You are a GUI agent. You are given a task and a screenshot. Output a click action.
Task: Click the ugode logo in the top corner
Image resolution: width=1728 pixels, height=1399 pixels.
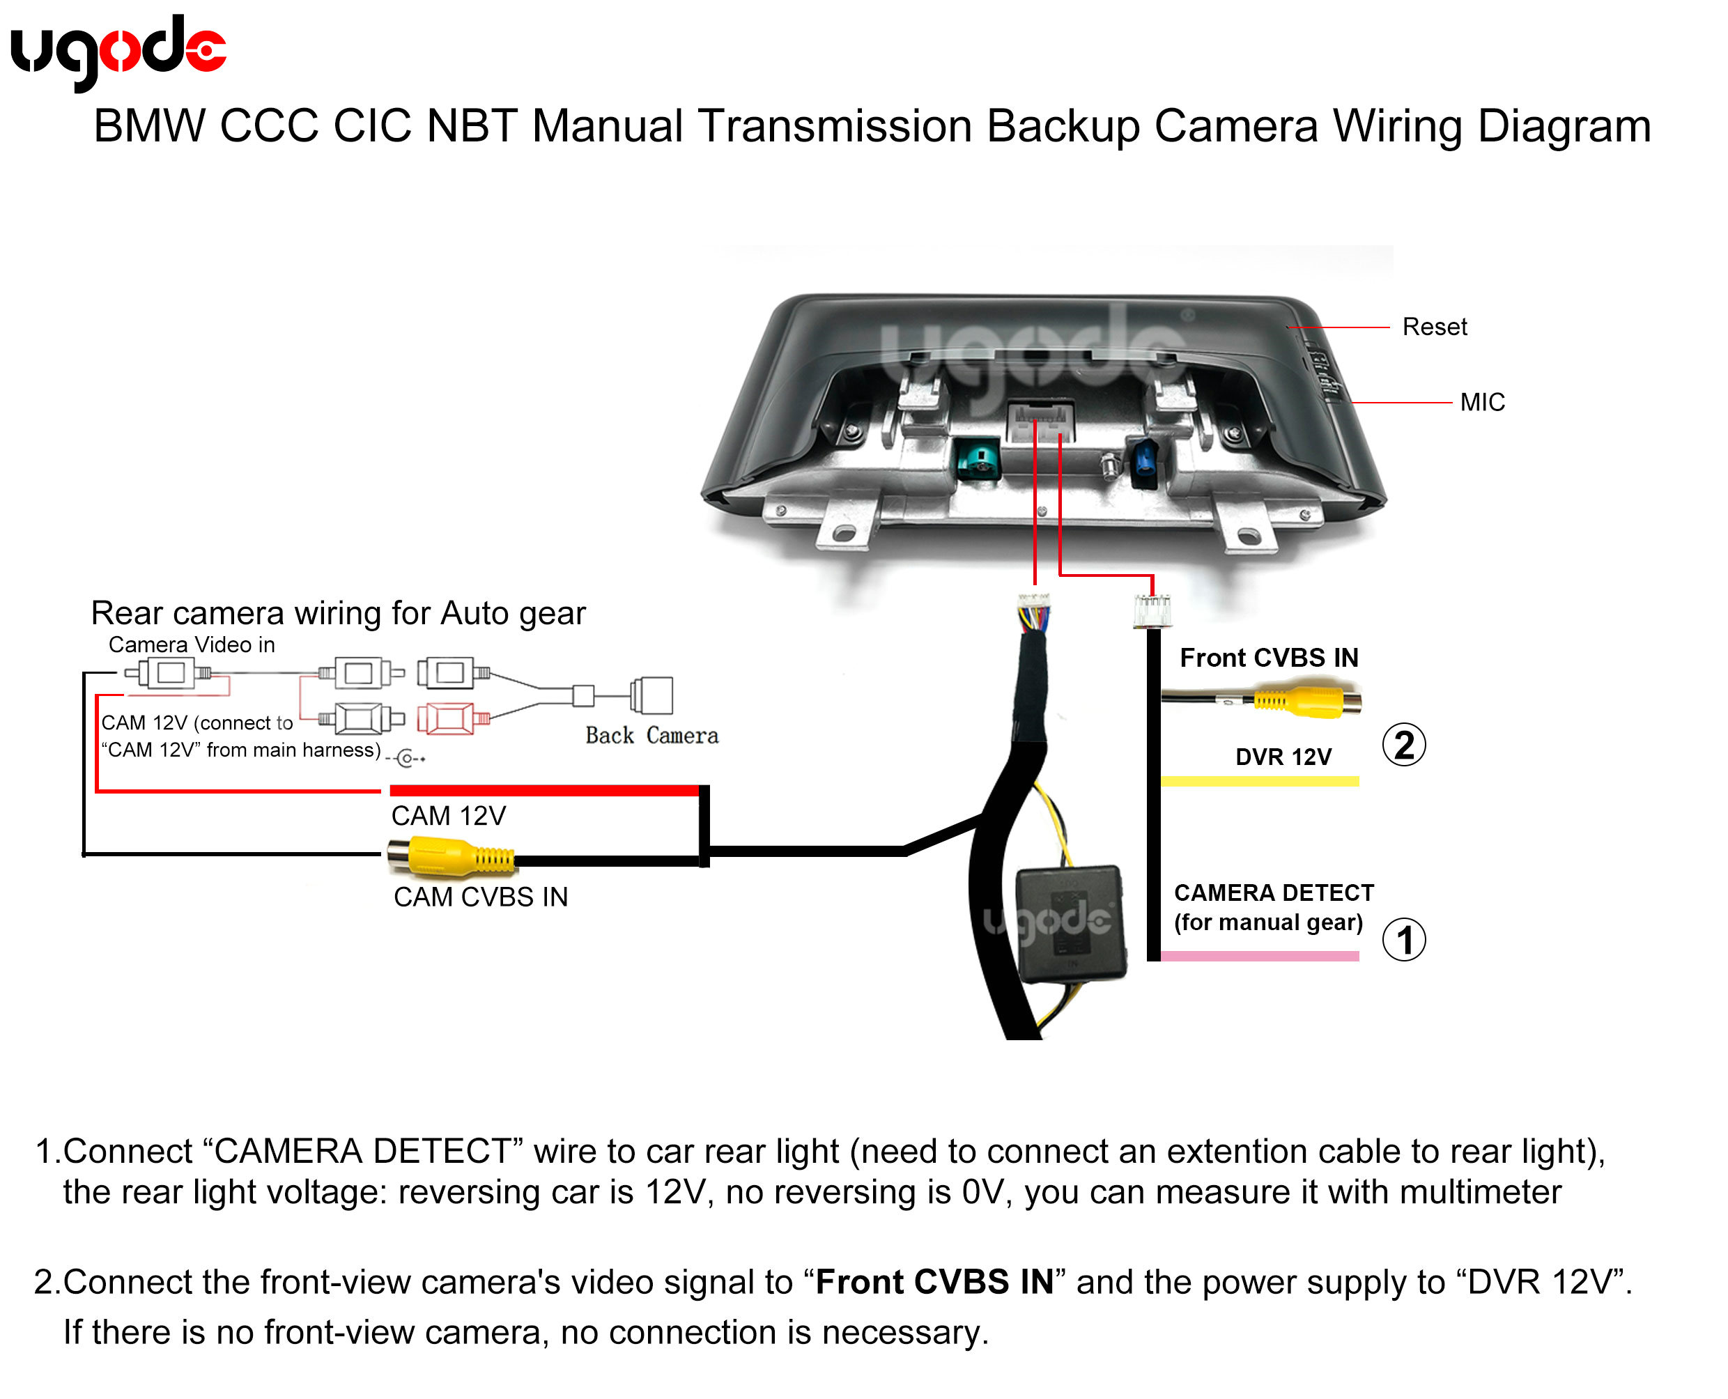pyautogui.click(x=118, y=52)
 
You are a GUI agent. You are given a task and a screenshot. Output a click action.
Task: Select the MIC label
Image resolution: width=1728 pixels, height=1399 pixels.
pyautogui.click(x=1482, y=401)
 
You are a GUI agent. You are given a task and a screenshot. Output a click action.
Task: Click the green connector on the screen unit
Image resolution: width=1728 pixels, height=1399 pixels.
pyautogui.click(x=978, y=459)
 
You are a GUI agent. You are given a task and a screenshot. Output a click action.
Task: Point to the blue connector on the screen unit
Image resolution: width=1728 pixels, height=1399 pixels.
pyautogui.click(x=1145, y=463)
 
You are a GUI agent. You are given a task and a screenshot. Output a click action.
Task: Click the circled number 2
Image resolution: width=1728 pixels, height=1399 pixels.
pyautogui.click(x=1404, y=745)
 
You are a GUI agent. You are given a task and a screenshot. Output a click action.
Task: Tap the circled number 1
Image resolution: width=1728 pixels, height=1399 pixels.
pyautogui.click(x=1404, y=940)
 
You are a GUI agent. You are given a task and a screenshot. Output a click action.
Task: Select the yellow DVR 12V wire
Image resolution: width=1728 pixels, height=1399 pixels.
pyautogui.click(x=1260, y=780)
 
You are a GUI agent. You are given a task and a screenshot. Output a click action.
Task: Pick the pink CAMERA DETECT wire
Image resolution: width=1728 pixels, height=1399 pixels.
pyautogui.click(x=1260, y=956)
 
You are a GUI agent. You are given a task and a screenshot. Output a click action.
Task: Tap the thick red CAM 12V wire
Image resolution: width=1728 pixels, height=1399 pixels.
pyautogui.click(x=544, y=791)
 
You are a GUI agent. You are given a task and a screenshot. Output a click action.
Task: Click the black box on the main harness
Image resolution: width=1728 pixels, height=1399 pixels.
pyautogui.click(x=1070, y=924)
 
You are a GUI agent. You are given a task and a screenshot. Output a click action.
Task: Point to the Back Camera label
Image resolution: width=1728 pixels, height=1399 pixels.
pyautogui.click(x=651, y=735)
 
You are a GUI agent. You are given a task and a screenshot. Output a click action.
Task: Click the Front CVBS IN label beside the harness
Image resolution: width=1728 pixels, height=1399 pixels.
pyautogui.click(x=1269, y=658)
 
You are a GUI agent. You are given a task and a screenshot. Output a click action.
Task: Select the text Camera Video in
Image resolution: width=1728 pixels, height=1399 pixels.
pyautogui.click(x=192, y=644)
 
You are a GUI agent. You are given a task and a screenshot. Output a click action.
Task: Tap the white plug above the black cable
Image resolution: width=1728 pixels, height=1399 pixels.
pyautogui.click(x=1152, y=611)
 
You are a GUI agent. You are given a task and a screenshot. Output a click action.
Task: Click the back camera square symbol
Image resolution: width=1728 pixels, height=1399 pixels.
pyautogui.click(x=653, y=695)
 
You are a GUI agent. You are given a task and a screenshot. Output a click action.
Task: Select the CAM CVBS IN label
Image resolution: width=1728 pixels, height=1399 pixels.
pyautogui.click(x=480, y=897)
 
